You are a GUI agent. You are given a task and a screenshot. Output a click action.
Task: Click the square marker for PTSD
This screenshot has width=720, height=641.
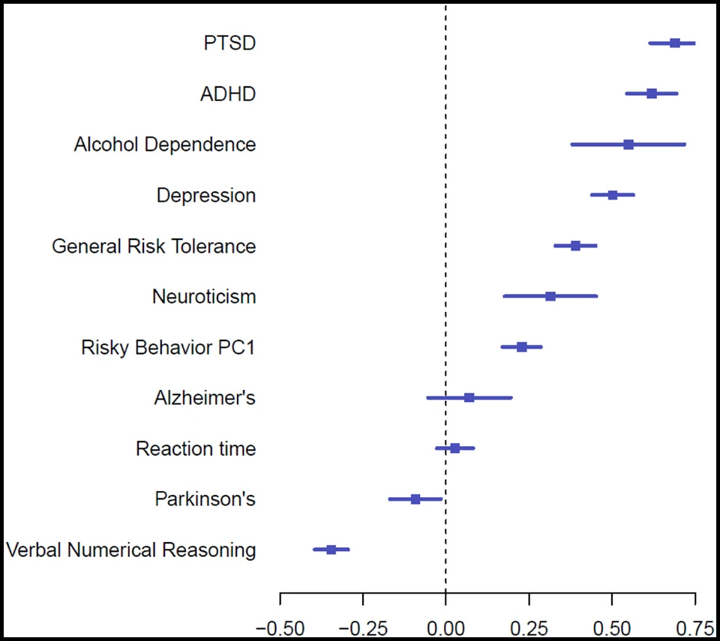pos(675,43)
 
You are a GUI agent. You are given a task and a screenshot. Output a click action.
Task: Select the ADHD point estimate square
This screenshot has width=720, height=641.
pos(652,94)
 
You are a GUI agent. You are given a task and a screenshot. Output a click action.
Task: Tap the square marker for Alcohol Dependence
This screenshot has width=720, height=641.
pos(628,144)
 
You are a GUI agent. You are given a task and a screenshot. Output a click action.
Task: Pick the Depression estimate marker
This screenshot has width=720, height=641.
pos(613,195)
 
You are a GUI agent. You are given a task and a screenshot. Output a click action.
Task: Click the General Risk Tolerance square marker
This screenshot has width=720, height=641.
pos(575,245)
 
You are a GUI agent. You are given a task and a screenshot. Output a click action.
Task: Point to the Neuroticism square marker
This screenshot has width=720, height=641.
pos(550,296)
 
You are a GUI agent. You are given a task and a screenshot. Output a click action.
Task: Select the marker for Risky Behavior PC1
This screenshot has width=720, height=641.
pos(522,346)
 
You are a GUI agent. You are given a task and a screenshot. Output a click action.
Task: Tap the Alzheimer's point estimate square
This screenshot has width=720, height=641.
pos(469,397)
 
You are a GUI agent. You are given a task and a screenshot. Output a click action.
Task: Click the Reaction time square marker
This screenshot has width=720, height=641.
pos(454,448)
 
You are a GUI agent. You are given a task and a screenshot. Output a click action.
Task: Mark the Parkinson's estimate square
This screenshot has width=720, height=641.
pos(415,499)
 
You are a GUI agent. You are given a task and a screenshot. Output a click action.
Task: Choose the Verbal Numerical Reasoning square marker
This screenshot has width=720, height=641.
pos(331,550)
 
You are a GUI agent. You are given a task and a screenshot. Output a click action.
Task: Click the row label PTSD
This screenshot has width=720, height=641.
pos(229,43)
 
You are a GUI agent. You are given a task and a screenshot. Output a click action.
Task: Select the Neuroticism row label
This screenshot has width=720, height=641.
pos(203,297)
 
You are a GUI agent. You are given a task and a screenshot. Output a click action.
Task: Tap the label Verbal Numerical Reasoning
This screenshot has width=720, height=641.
pos(131,550)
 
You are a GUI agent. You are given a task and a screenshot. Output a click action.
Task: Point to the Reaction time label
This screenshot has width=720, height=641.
pos(195,449)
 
